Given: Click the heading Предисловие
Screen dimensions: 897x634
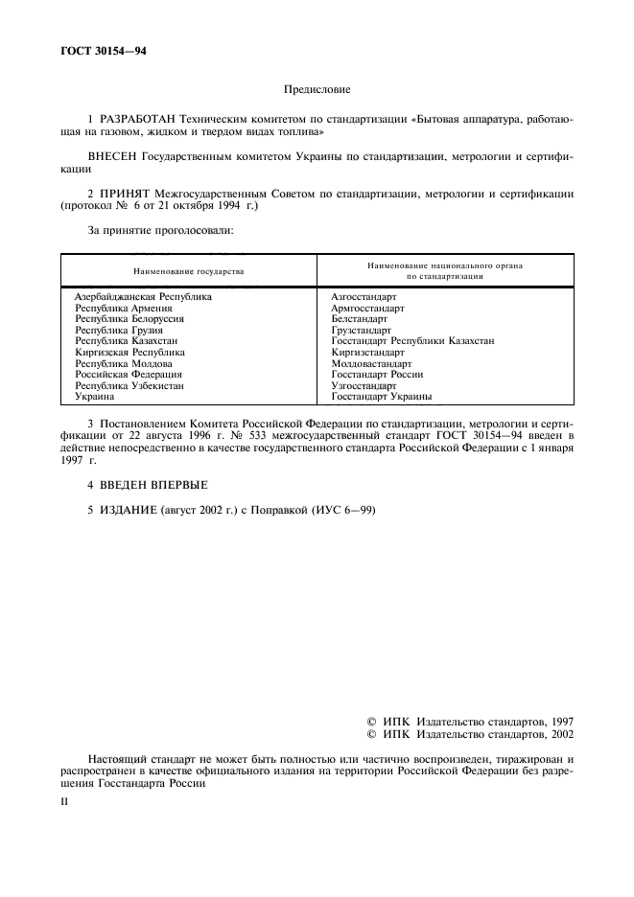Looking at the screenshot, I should [317, 90].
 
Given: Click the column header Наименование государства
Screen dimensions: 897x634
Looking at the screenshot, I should [188, 270].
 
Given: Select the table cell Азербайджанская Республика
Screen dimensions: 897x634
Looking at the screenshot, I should [143, 297].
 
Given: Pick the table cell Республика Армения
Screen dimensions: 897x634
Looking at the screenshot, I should [124, 309].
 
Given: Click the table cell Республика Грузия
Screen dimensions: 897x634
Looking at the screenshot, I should [119, 330].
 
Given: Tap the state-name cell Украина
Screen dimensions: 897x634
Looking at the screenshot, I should [95, 396].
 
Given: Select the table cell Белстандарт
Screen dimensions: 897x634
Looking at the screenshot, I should [359, 319].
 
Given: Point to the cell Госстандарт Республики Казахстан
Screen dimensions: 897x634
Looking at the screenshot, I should [412, 341].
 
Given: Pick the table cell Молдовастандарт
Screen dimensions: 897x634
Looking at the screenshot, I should [371, 363].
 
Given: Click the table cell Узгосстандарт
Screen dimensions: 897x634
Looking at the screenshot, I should [364, 385].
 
